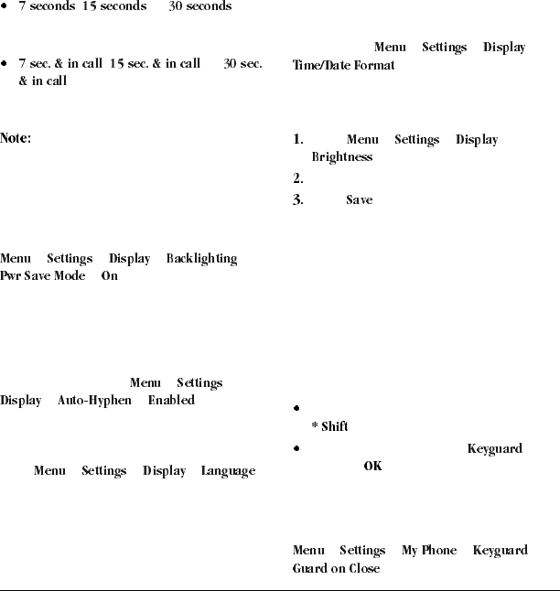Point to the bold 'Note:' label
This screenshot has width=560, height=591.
[x=16, y=139]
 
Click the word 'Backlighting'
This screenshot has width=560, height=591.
[x=201, y=259]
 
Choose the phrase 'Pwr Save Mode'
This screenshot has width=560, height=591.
[x=43, y=275]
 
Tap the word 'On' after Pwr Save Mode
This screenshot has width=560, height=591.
[x=110, y=275]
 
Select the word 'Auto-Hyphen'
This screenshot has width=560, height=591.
[x=94, y=400]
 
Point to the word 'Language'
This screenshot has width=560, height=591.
[x=229, y=471]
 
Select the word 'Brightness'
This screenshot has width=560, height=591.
[x=342, y=156]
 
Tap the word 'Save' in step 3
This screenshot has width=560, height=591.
[x=360, y=199]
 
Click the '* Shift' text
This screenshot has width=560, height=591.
[x=329, y=426]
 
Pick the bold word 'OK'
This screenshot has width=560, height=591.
[x=372, y=467]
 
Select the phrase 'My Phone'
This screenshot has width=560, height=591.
[x=429, y=551]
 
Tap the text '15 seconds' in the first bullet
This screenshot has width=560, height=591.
[x=114, y=6]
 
